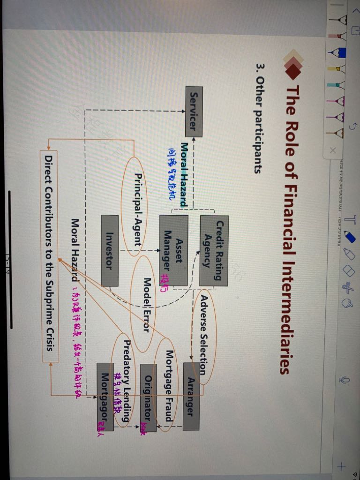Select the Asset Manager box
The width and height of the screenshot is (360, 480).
pyautogui.click(x=173, y=250)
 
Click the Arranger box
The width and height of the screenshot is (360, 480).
pyautogui.click(x=193, y=396)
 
